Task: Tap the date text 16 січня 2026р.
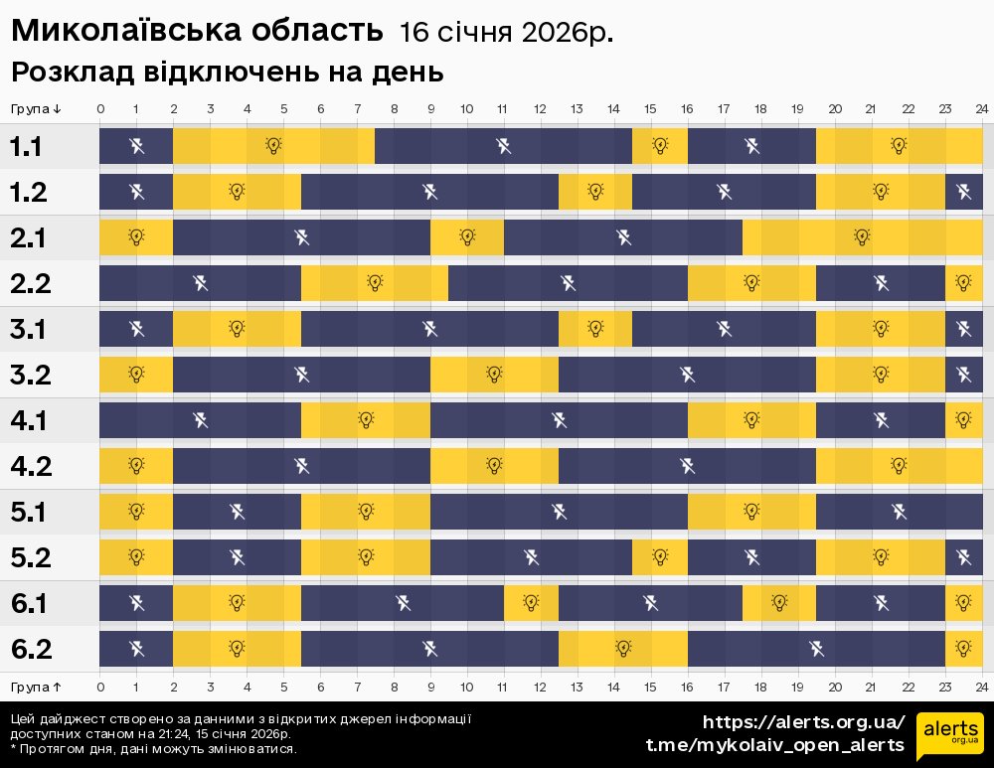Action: pos(506,33)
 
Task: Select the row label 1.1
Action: pos(27,147)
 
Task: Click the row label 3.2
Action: pos(29,375)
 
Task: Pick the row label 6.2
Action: pos(29,649)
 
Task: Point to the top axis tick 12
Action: pos(540,108)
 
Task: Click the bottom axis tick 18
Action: pos(760,687)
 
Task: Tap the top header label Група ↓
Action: pos(37,108)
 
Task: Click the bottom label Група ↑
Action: pos(37,687)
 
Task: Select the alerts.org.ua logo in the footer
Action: pos(950,736)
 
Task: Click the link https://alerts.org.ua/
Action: pos(804,722)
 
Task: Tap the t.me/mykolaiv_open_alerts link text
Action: pos(775,745)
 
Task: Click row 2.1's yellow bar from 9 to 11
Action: pos(467,237)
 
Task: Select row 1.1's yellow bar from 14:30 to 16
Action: pos(660,147)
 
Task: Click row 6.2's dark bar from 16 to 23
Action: pos(816,649)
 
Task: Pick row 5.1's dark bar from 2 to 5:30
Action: pos(237,512)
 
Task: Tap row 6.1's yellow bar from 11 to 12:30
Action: pos(531,603)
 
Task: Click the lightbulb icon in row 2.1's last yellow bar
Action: pos(862,237)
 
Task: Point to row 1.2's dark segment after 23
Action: pos(963,192)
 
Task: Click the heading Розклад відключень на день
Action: pos(227,74)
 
